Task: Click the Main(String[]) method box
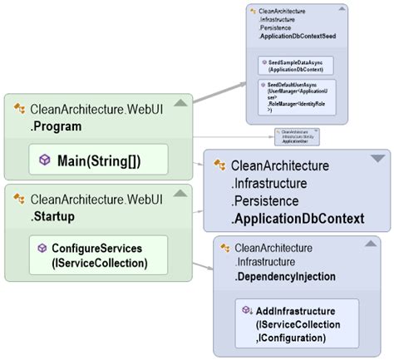[x=97, y=160]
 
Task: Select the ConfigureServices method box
[x=97, y=254]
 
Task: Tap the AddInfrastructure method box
[x=297, y=322]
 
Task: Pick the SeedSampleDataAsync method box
[x=296, y=65]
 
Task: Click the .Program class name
[x=57, y=126]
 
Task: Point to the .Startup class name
[x=55, y=216]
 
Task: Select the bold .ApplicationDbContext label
[x=297, y=219]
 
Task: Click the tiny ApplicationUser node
[x=297, y=136]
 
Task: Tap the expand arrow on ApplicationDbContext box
[x=377, y=158]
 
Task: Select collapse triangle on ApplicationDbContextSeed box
[x=336, y=12]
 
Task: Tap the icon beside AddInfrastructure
[x=247, y=310]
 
